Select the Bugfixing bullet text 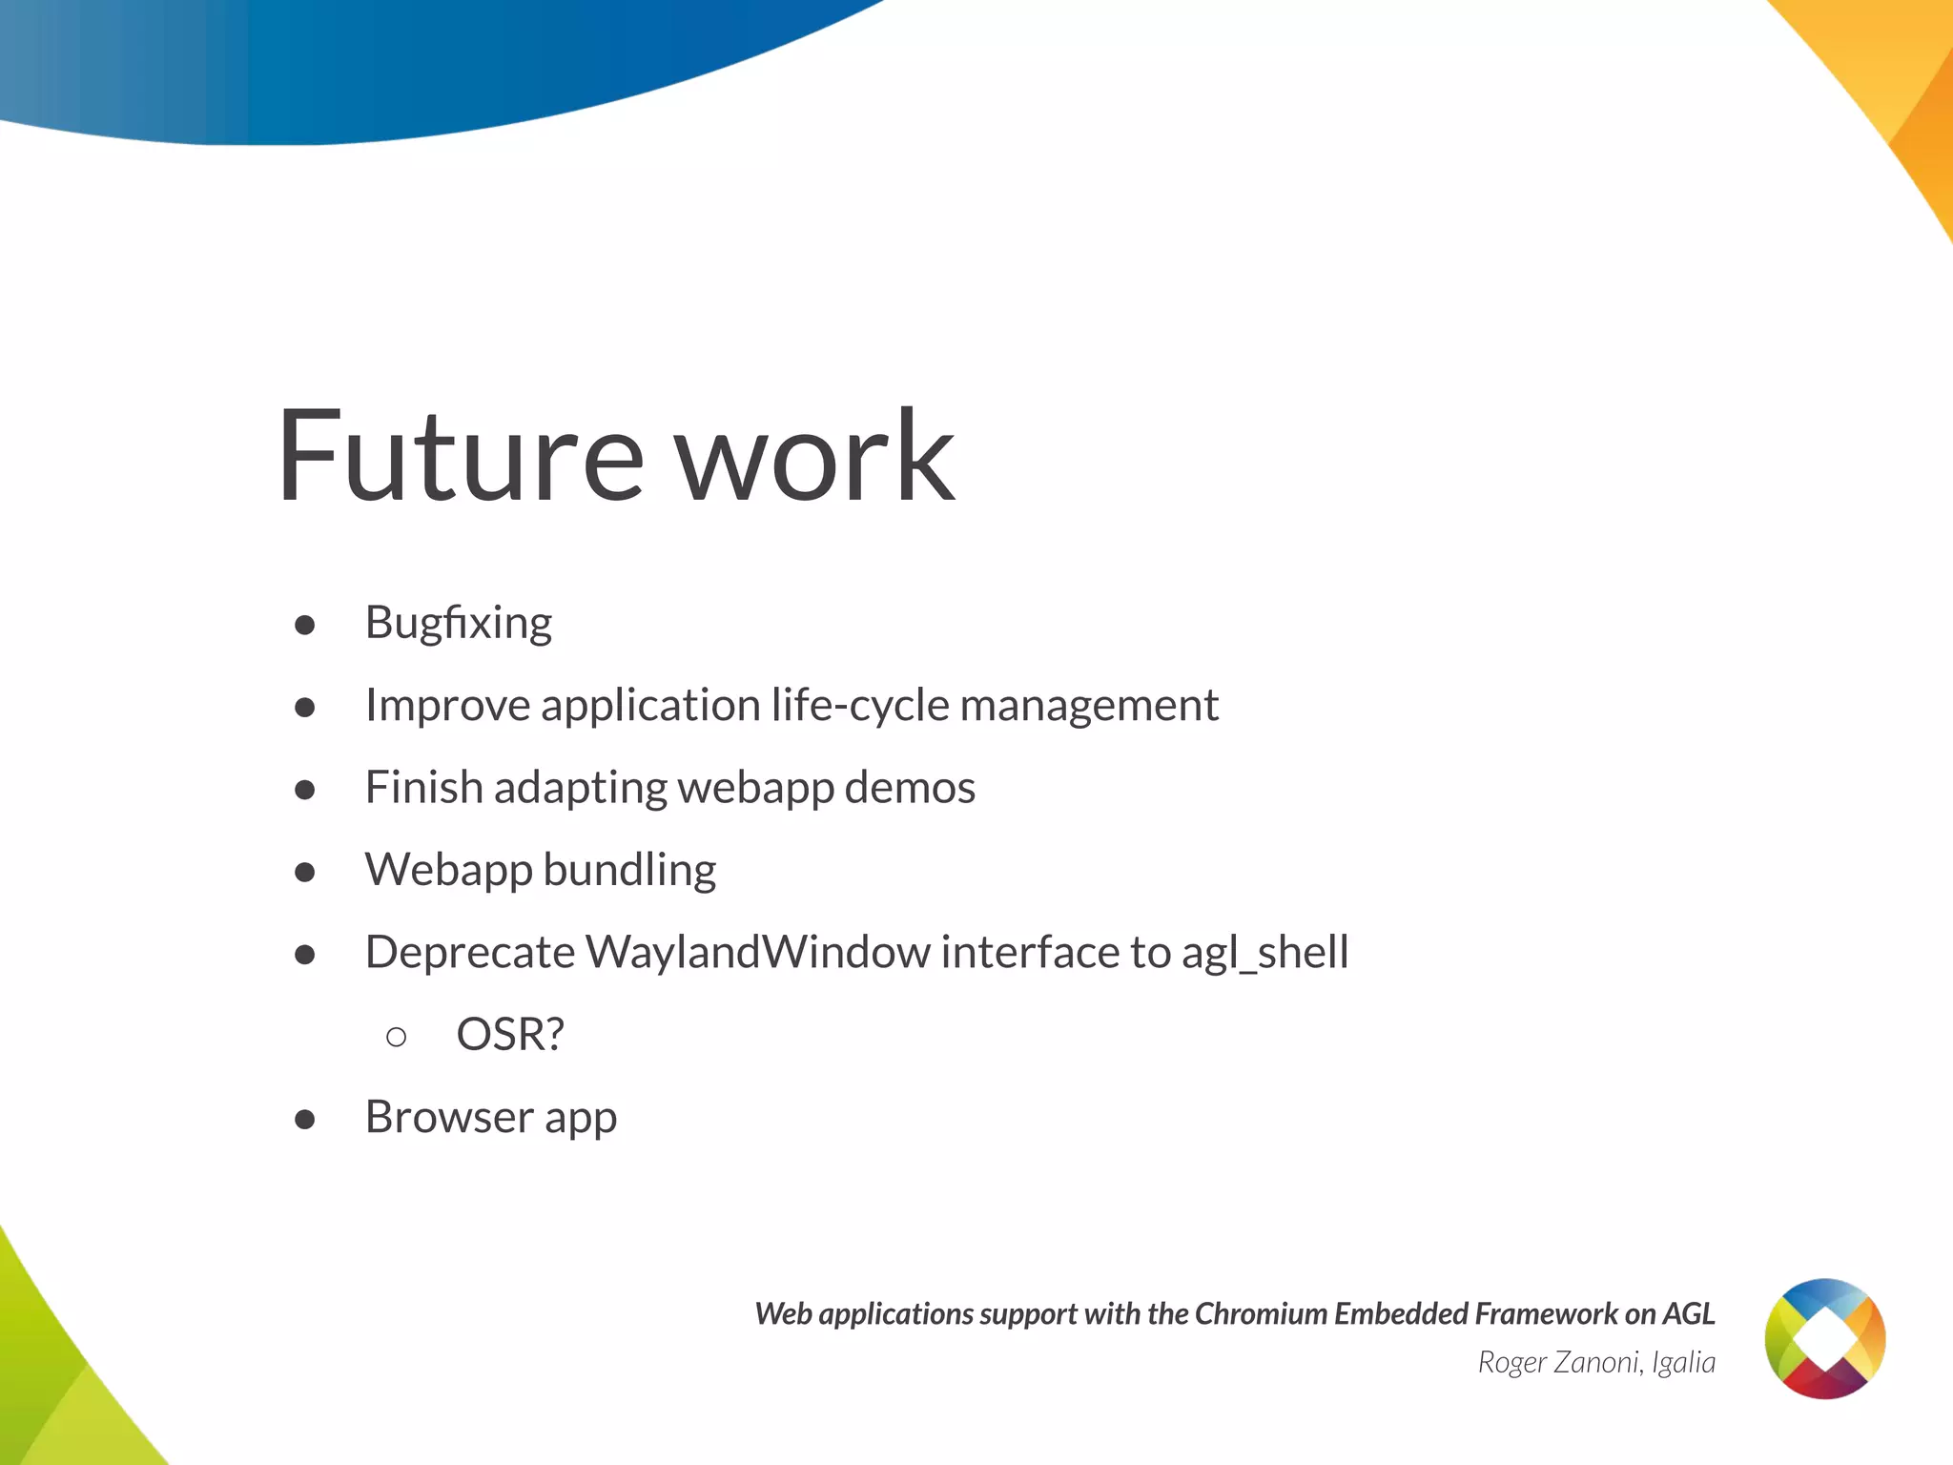tap(459, 624)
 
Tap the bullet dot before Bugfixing tap(305, 625)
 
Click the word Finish tap(423, 788)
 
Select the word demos tap(910, 788)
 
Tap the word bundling tap(629, 871)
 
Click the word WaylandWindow tap(757, 952)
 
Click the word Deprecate tap(470, 952)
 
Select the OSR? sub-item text tap(510, 1035)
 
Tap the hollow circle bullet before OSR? tap(397, 1037)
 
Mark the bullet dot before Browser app tap(305, 1120)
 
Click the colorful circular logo tap(1824, 1338)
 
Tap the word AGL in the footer tap(1688, 1314)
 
